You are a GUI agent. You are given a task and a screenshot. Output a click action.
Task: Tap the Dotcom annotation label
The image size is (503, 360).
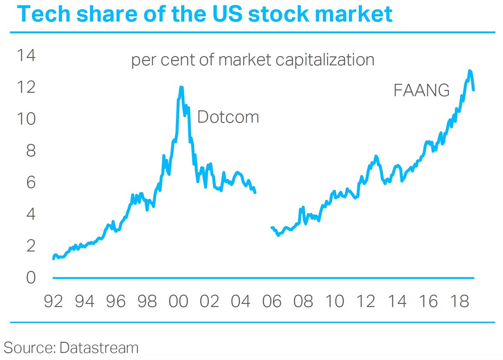tap(228, 117)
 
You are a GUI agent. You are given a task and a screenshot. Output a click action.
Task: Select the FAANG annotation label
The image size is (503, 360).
tap(421, 91)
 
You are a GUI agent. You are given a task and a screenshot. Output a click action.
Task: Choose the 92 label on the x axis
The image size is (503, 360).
tap(54, 302)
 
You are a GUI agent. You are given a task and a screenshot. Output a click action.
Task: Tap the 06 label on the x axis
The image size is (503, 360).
tap(272, 302)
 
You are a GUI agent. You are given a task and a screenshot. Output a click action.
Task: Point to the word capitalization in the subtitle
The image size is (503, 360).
tap(325, 60)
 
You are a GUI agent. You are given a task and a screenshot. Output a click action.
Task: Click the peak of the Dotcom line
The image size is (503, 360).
tap(181, 87)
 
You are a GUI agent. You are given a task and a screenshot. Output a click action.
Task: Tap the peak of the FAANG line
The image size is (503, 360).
tap(470, 71)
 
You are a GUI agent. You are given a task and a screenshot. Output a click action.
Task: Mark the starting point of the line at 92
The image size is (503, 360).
tap(53, 259)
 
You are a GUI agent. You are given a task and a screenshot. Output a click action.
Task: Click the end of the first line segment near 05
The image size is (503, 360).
tap(255, 192)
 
